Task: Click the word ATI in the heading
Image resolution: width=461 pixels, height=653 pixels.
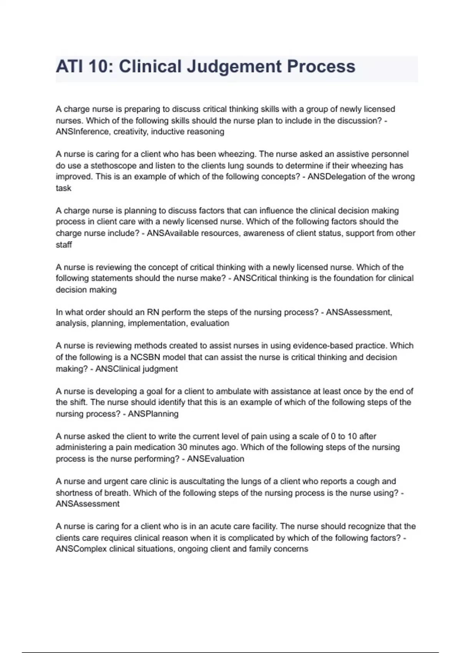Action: click(70, 66)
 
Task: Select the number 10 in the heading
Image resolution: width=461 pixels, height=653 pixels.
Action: click(101, 66)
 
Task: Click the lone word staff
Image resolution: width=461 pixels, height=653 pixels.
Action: click(64, 245)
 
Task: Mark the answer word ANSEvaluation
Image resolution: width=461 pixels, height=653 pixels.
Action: click(216, 459)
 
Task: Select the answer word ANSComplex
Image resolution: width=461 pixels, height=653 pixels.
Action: click(81, 549)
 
